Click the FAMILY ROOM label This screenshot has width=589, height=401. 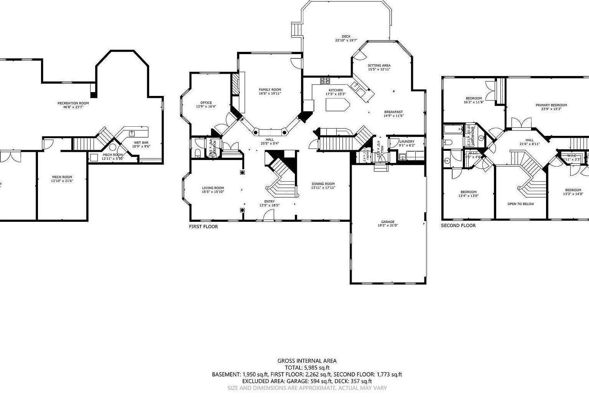270,90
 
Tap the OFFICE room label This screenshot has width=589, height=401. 206,103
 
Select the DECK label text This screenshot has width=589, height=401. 346,36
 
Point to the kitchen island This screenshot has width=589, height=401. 337,104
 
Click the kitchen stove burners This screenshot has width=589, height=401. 325,81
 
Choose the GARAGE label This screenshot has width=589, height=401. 388,222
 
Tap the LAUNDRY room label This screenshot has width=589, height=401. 406,142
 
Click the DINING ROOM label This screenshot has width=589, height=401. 323,184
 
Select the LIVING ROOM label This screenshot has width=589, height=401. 213,188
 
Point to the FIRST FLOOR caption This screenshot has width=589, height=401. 203,226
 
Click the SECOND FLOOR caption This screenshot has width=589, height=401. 458,225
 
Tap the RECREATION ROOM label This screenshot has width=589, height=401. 73,103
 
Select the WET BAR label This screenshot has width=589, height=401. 141,142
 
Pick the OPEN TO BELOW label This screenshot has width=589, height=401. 520,204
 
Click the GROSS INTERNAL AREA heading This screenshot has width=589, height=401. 307,361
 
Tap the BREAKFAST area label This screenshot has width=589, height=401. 393,112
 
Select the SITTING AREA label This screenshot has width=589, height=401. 379,66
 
